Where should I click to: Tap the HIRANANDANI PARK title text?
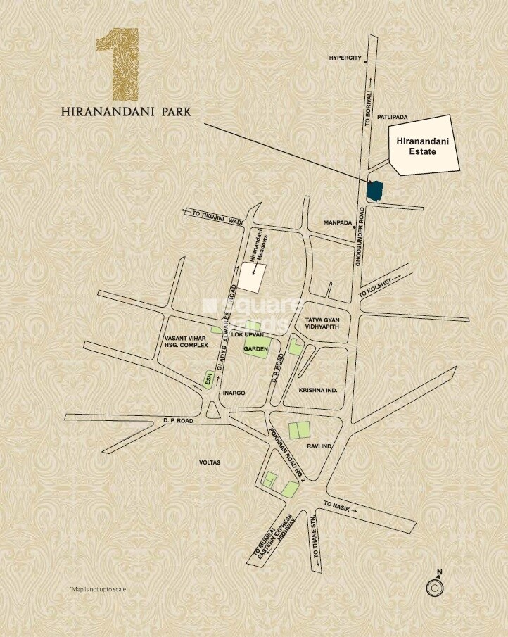[x=125, y=112]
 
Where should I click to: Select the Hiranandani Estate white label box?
[x=424, y=146]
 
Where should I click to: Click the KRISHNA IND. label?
[x=318, y=389]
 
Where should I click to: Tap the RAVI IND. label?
[x=319, y=446]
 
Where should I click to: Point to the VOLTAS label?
[x=210, y=462]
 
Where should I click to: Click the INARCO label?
[x=234, y=393]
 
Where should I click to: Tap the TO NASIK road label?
[x=337, y=505]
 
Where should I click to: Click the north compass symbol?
[x=436, y=586]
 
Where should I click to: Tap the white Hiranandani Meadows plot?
[x=251, y=276]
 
